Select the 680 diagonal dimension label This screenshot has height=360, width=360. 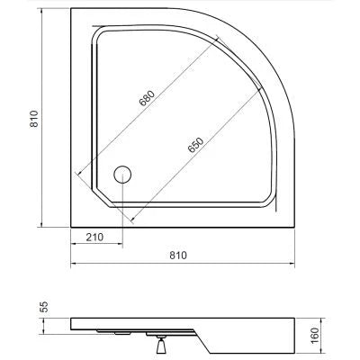[148, 98]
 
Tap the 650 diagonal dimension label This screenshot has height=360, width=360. [196, 145]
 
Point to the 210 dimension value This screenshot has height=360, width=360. [94, 238]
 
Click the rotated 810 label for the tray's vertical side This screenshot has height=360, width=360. [34, 119]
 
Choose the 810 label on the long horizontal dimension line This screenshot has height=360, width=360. [178, 256]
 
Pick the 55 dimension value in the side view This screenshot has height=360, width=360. [44, 307]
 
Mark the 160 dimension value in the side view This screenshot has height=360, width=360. [314, 336]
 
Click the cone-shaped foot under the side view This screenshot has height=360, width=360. [161, 346]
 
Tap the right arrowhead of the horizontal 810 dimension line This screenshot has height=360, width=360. [292, 264]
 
